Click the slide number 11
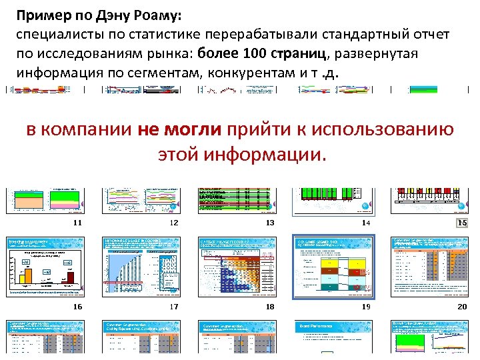tap(77, 223)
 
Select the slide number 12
tap(175, 223)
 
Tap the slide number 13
tap(270, 223)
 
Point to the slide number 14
tap(366, 223)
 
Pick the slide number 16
tap(77, 307)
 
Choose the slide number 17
tap(175, 307)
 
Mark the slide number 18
tap(270, 307)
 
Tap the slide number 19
tap(366, 307)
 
